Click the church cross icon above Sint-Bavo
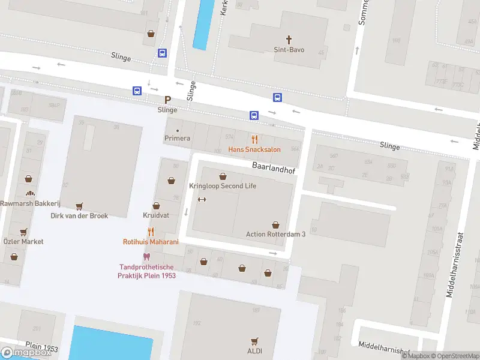pyautogui.click(x=289, y=40)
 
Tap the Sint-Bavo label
pyautogui.click(x=289, y=50)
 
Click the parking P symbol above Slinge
pyautogui.click(x=167, y=100)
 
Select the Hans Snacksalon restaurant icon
pyautogui.click(x=254, y=139)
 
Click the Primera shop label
pyautogui.click(x=177, y=139)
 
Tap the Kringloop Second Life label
pyautogui.click(x=223, y=186)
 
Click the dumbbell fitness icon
pyautogui.click(x=202, y=200)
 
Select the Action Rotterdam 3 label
pyautogui.click(x=275, y=234)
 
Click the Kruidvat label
pyautogui.click(x=156, y=215)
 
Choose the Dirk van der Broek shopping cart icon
pyautogui.click(x=79, y=205)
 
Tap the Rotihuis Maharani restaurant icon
pyautogui.click(x=151, y=232)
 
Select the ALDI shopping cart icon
pyautogui.click(x=255, y=341)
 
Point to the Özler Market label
pyautogui.click(x=23, y=241)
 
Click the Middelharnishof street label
pyautogui.click(x=383, y=345)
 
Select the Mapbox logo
pyautogui.click(x=26, y=353)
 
